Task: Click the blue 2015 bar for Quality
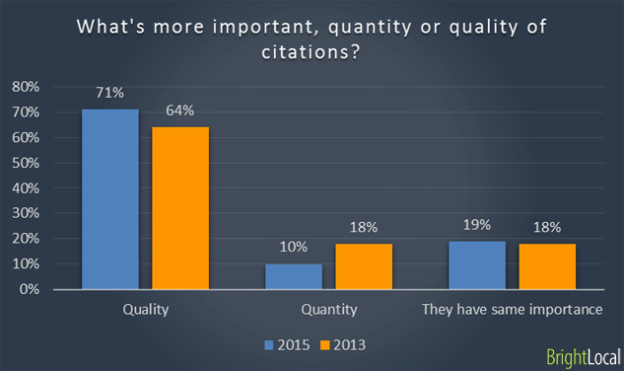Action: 109,198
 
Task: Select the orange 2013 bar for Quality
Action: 180,207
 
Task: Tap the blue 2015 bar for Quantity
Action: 294,276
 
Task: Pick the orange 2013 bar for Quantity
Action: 364,265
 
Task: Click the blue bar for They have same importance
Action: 477,264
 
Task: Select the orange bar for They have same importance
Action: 547,265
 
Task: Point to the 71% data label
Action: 109,94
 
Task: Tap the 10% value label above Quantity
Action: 294,248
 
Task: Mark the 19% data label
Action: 477,224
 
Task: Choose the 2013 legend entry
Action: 345,344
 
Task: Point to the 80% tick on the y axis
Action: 25,87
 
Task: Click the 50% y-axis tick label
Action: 25,163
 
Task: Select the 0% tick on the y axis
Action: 29,290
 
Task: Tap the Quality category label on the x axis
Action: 145,310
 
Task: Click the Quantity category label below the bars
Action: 328,310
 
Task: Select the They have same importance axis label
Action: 513,310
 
